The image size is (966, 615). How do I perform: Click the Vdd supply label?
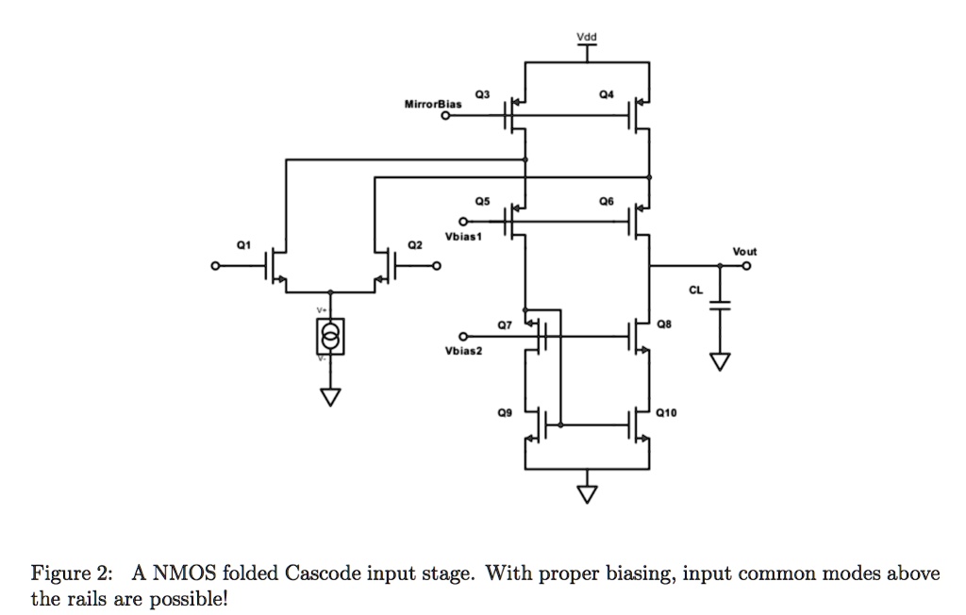tap(586, 38)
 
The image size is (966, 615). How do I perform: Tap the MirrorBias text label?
tap(433, 104)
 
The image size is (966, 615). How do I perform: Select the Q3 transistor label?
tap(482, 94)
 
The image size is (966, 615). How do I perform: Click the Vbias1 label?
tap(464, 237)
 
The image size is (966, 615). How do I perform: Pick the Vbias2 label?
tap(463, 351)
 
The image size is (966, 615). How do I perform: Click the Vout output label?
tap(744, 252)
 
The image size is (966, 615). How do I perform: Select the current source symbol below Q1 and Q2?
tap(330, 336)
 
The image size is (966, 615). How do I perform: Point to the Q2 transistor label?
tap(413, 244)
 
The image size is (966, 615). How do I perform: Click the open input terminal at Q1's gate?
tap(215, 268)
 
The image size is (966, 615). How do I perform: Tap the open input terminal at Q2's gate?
tap(437, 268)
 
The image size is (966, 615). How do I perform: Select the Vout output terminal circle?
tap(747, 267)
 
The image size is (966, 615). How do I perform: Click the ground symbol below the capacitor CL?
tap(721, 362)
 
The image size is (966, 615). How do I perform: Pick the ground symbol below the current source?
tap(330, 396)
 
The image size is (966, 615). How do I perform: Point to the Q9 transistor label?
tap(508, 412)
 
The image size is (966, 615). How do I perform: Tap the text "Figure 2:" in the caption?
tap(73, 573)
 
